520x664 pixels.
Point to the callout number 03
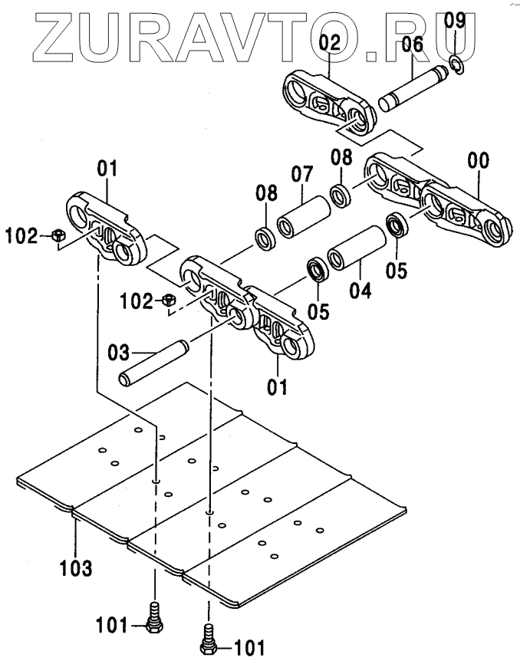(120, 354)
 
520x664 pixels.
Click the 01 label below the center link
(277, 385)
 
